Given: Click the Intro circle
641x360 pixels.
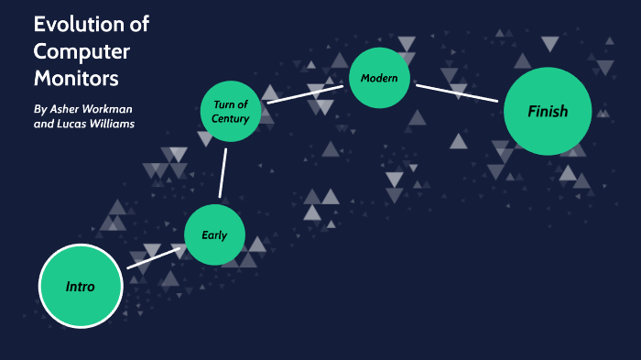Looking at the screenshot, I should [81, 287].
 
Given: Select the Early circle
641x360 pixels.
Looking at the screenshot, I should [214, 235].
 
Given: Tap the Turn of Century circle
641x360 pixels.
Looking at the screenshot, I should [231, 112].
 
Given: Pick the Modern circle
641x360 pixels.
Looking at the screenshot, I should [378, 78].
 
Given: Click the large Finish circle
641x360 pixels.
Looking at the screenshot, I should [548, 112].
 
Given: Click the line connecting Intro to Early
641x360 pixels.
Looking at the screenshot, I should [153, 256].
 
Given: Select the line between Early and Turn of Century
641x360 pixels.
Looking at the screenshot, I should [223, 172].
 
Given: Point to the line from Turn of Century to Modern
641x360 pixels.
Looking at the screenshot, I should [304, 94].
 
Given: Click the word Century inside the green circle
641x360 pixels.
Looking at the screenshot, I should [231, 119].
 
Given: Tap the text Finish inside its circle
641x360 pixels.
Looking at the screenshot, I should [548, 112].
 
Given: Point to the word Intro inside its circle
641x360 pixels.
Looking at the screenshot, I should [81, 287].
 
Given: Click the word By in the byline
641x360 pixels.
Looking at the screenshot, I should [39, 108].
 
